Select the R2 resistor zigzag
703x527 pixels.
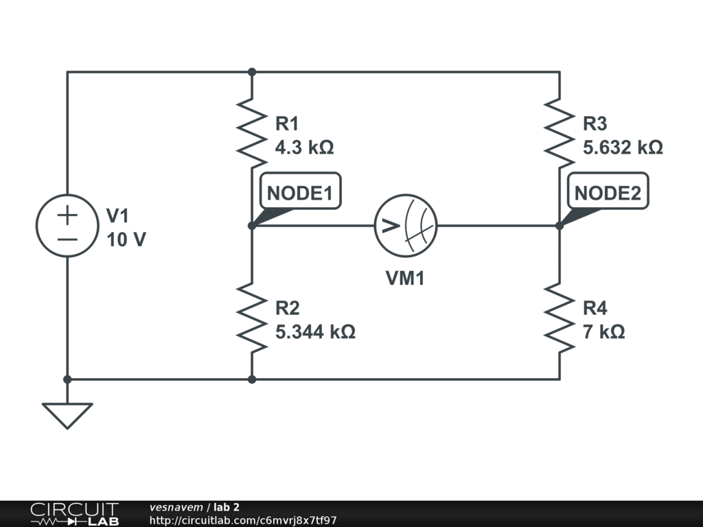tap(252, 317)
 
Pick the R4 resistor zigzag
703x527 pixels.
tap(560, 317)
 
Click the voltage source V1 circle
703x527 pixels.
tap(67, 226)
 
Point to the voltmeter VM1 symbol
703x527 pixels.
tap(406, 226)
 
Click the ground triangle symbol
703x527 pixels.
tap(67, 414)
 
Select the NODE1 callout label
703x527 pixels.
tap(299, 193)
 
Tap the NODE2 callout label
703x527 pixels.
tap(608, 193)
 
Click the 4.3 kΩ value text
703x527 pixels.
tap(304, 148)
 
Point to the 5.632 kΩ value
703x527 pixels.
tap(623, 148)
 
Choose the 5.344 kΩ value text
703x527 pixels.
tap(315, 332)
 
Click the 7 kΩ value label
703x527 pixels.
tap(603, 332)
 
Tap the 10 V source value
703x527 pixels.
tap(126, 240)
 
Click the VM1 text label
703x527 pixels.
tap(405, 279)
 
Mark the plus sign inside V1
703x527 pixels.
tap(67, 215)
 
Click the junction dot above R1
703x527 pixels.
tap(252, 71)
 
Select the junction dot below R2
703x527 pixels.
tap(252, 379)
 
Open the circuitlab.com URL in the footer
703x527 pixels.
tap(243, 520)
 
